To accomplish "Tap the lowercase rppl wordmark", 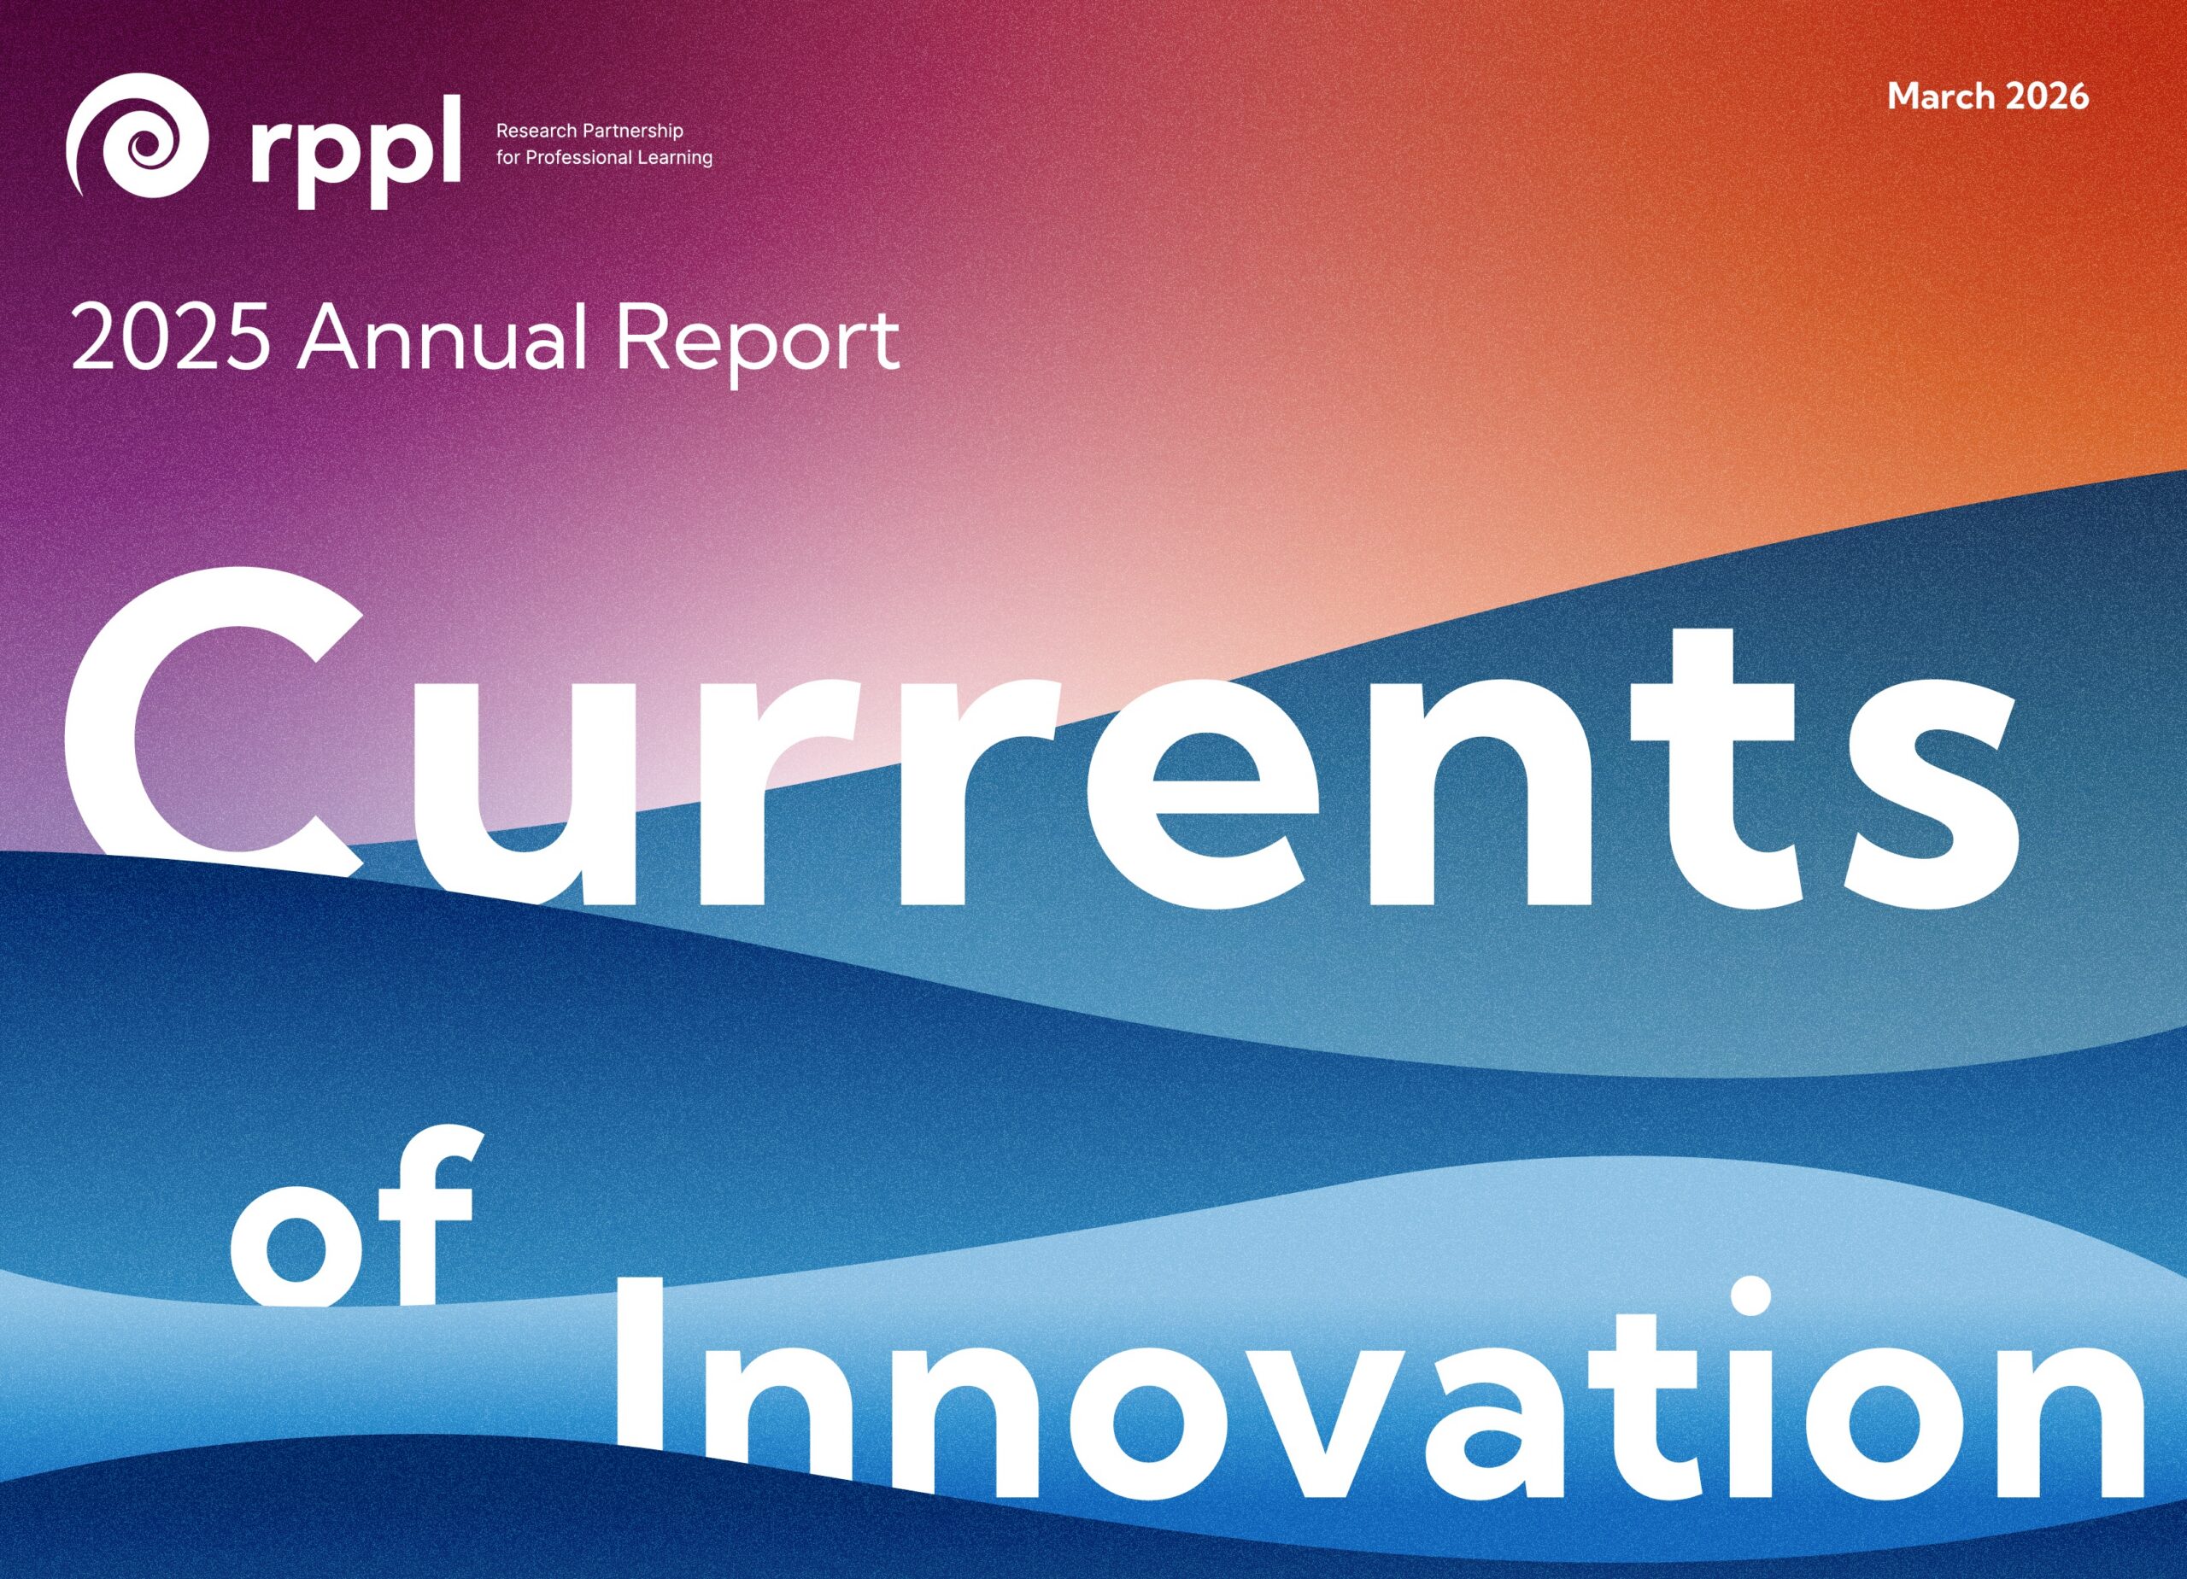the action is [x=354, y=152].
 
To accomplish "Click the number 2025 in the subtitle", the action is [x=171, y=339].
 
